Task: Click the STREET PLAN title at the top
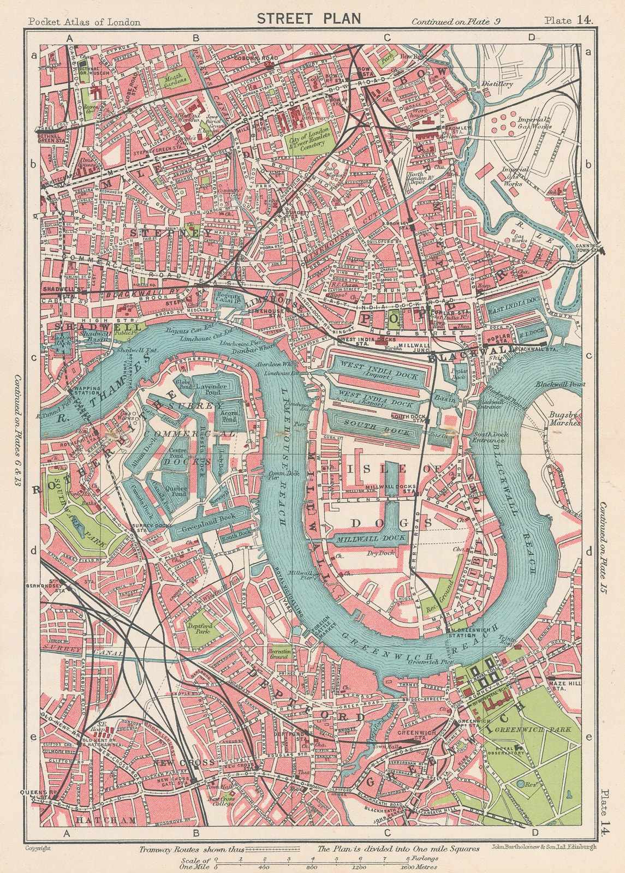[x=309, y=18]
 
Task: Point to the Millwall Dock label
[x=371, y=538]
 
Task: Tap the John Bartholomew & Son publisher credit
[x=543, y=847]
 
